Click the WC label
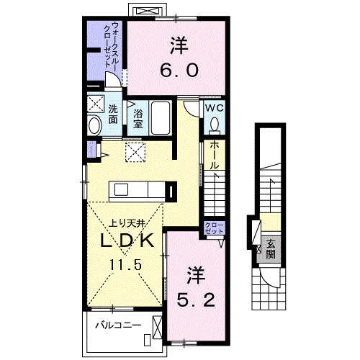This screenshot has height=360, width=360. click(214, 107)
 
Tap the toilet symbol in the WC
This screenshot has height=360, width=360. click(214, 125)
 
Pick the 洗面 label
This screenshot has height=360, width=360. click(114, 114)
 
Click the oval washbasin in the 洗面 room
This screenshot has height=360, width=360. click(94, 126)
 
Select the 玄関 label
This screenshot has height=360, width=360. click(269, 248)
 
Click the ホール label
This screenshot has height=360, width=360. click(214, 156)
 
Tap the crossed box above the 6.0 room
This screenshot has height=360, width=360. click(150, 11)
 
